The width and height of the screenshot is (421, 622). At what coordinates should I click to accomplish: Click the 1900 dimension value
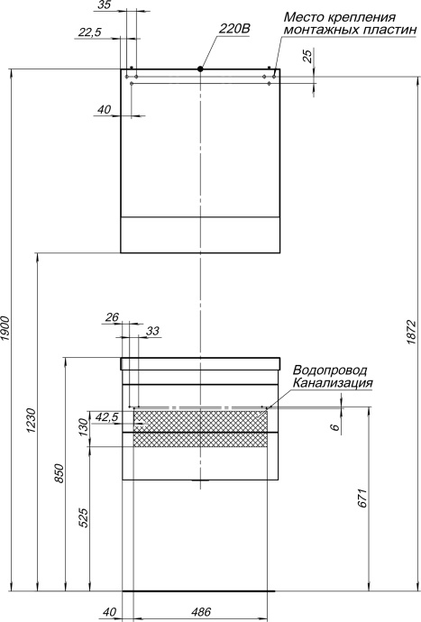6,329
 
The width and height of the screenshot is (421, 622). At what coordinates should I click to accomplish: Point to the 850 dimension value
60,474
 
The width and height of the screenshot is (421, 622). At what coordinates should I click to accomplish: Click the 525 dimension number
84,519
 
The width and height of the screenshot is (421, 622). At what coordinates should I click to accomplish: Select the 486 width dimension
202,612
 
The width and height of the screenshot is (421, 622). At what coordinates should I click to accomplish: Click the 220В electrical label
233,29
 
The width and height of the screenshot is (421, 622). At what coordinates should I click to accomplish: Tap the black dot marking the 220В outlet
200,69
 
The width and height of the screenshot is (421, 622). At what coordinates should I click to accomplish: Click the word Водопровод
330,370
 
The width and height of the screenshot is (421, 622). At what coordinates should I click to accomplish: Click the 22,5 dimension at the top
91,32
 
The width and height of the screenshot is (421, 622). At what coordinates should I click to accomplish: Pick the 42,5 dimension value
106,417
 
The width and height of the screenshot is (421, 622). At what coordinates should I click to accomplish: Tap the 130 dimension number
84,424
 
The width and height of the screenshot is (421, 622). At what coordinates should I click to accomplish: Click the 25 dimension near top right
309,57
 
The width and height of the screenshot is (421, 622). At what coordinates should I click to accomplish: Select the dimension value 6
334,428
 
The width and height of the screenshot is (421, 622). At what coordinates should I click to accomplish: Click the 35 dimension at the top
103,5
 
